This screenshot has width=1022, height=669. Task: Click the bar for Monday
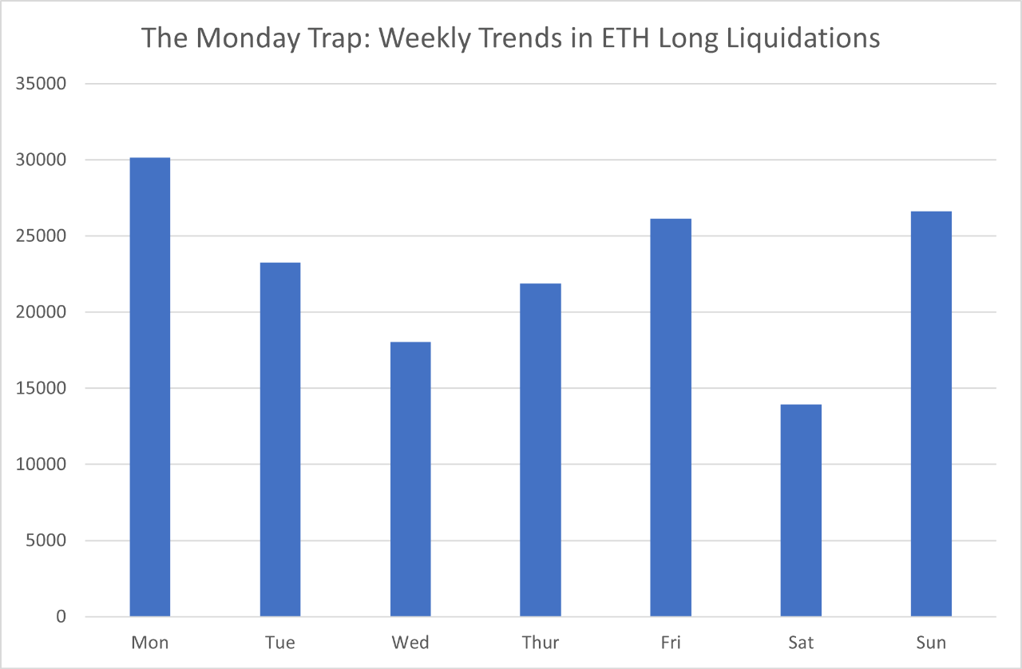[150, 387]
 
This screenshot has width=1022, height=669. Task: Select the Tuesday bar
[280, 439]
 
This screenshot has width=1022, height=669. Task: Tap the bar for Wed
[410, 479]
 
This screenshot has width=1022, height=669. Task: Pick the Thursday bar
[541, 449]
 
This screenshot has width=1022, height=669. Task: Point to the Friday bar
[671, 418]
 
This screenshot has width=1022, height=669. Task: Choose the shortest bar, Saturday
[801, 510]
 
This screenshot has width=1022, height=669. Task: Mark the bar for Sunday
[931, 414]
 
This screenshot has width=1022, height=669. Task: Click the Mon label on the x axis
[149, 643]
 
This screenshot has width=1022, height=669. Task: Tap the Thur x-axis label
[541, 643]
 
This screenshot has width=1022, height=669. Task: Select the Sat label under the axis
[801, 643]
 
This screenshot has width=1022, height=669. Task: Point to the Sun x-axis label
[931, 643]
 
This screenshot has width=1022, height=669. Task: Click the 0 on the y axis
[62, 617]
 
